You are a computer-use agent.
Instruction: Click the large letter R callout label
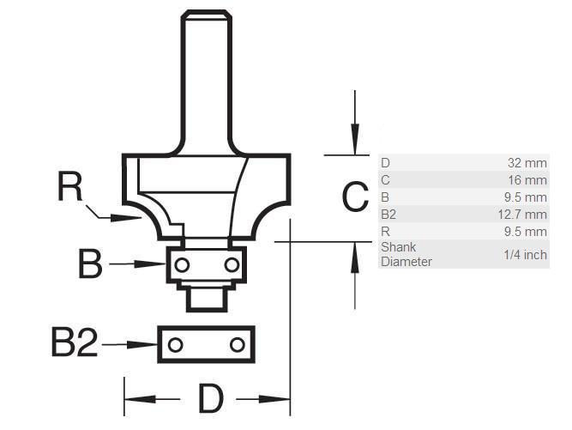coord(70,186)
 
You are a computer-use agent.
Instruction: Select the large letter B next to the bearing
coord(90,263)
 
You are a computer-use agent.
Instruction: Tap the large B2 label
coord(75,342)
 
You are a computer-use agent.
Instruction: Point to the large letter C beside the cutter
coord(355,197)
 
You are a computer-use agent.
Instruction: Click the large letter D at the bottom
coord(211,398)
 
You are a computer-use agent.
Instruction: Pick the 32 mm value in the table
coord(527,163)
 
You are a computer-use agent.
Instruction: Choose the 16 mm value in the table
coord(528,180)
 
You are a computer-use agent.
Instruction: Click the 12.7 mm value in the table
coord(522,215)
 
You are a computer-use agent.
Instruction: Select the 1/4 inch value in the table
coord(526,254)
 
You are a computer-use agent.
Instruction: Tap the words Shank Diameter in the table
coord(406,254)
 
